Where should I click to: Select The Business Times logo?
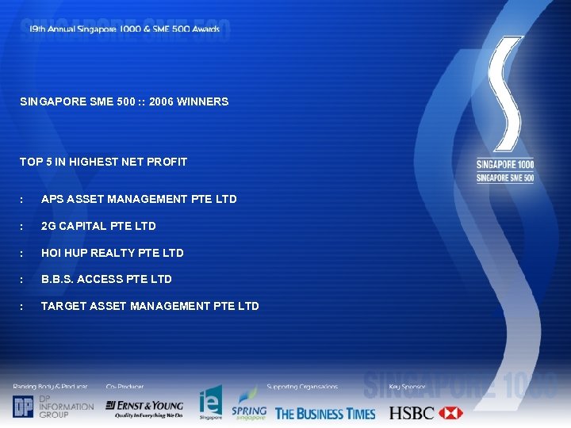(x=325, y=413)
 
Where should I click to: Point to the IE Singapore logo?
(x=210, y=403)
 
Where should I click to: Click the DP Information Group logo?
(x=52, y=407)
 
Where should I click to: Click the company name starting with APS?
(x=139, y=199)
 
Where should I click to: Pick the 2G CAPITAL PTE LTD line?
(x=98, y=226)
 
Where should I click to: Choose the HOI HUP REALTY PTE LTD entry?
(x=112, y=253)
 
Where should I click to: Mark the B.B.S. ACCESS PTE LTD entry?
(x=106, y=279)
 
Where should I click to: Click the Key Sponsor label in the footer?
(x=407, y=387)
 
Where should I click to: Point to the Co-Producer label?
(x=125, y=387)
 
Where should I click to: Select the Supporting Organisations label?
(x=302, y=387)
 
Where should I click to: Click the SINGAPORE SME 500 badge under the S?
(x=504, y=178)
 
